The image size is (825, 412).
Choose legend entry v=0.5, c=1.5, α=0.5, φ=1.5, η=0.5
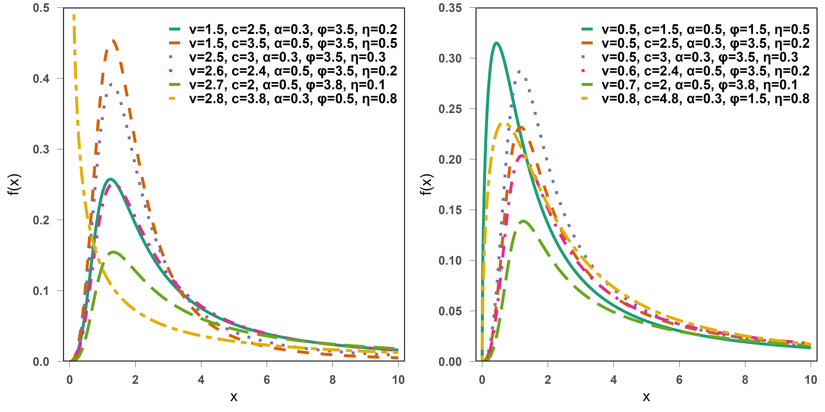coord(705,29)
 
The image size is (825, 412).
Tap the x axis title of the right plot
coord(646,397)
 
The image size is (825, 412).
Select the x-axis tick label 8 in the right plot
coord(745,380)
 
